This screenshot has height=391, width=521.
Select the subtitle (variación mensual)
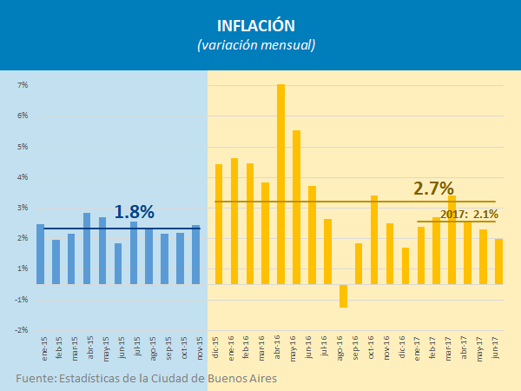click(x=260, y=44)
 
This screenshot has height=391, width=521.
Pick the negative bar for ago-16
click(x=343, y=295)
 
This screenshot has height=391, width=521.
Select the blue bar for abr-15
click(x=87, y=249)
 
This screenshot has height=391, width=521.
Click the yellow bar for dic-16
click(x=406, y=266)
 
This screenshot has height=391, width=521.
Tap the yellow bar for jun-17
click(x=498, y=262)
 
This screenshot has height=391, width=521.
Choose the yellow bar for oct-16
click(x=374, y=240)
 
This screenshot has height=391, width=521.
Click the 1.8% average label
click(x=134, y=212)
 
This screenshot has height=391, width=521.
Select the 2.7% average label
click(x=433, y=189)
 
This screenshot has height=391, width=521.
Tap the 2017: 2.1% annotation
click(x=469, y=214)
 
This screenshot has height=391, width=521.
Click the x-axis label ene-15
click(x=41, y=351)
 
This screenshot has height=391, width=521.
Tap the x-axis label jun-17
click(x=498, y=351)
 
